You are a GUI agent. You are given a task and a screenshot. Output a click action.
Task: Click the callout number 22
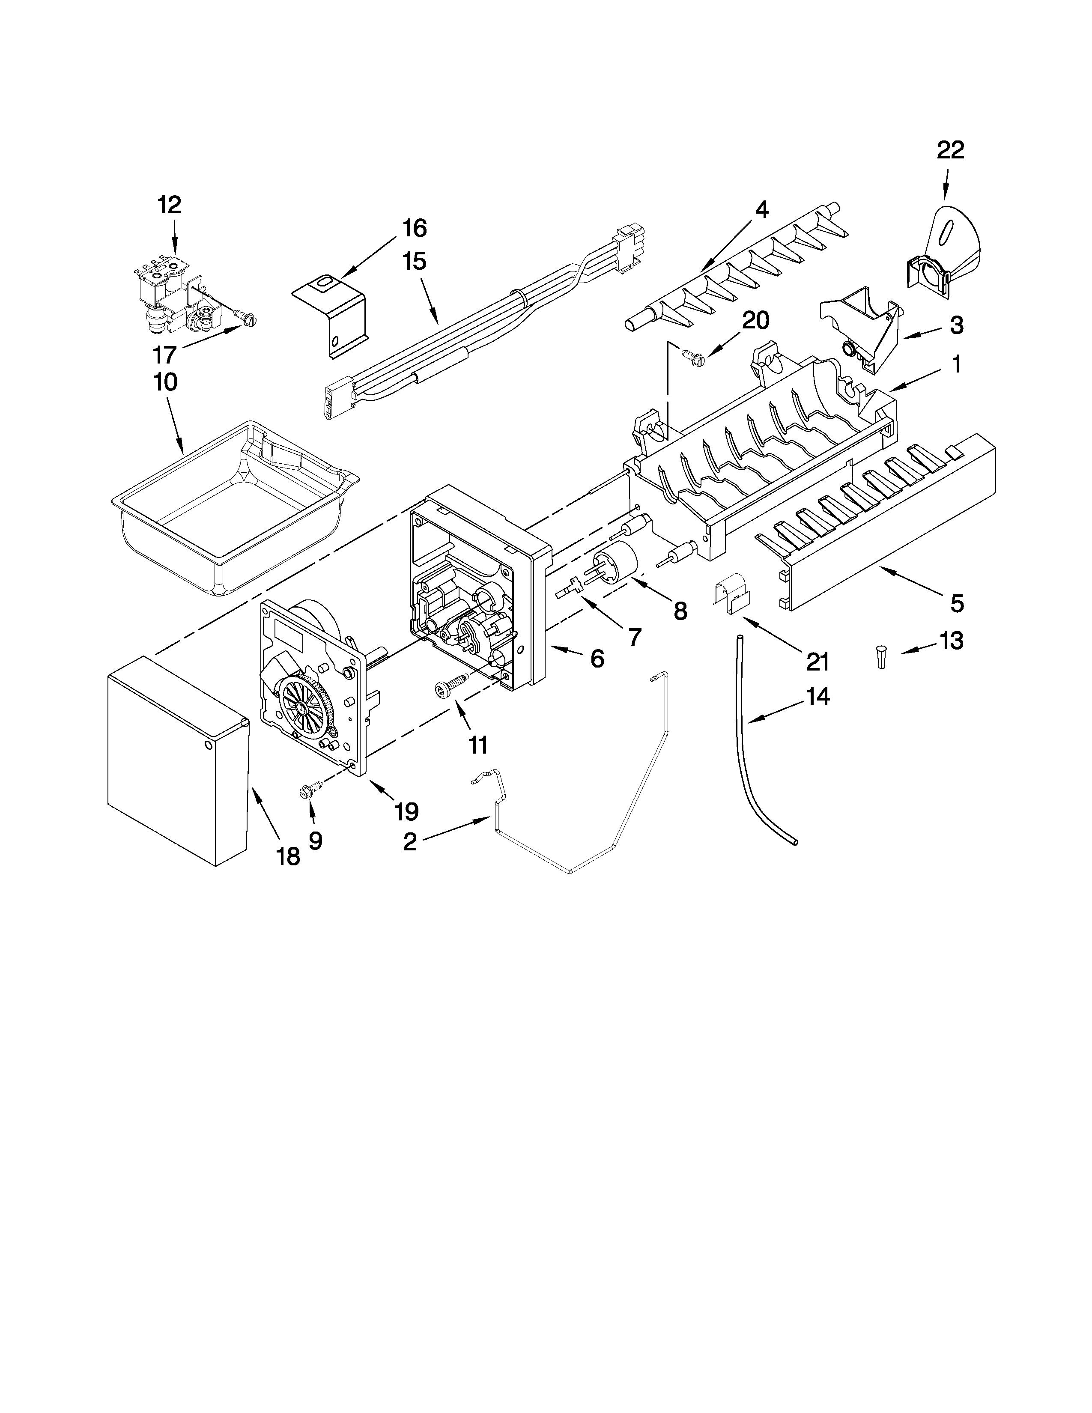point(950,150)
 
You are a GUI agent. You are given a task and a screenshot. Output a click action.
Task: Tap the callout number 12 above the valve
point(170,205)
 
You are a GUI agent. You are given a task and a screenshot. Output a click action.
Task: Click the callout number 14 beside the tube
point(818,696)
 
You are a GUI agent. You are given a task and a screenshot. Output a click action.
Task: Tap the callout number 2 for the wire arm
point(410,842)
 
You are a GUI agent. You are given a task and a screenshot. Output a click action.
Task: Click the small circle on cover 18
point(208,745)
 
